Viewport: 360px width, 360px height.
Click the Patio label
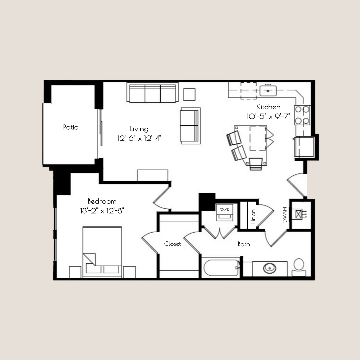pos(71,127)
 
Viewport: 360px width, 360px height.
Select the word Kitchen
pos(268,107)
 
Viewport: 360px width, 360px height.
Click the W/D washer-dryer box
pos(223,212)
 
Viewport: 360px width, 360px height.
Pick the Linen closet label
pos(253,216)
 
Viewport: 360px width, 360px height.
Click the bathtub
pos(221,267)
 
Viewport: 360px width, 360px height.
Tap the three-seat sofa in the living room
pos(152,93)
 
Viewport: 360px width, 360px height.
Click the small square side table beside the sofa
pos(190,95)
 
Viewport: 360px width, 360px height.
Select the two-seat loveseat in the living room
pos(190,126)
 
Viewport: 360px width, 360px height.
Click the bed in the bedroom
pos(102,252)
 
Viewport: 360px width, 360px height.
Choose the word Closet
pos(173,244)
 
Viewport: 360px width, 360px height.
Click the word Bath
pos(244,244)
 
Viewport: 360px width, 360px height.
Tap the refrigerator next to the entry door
pos(303,147)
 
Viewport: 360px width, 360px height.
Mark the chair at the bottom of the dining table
pos(256,164)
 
